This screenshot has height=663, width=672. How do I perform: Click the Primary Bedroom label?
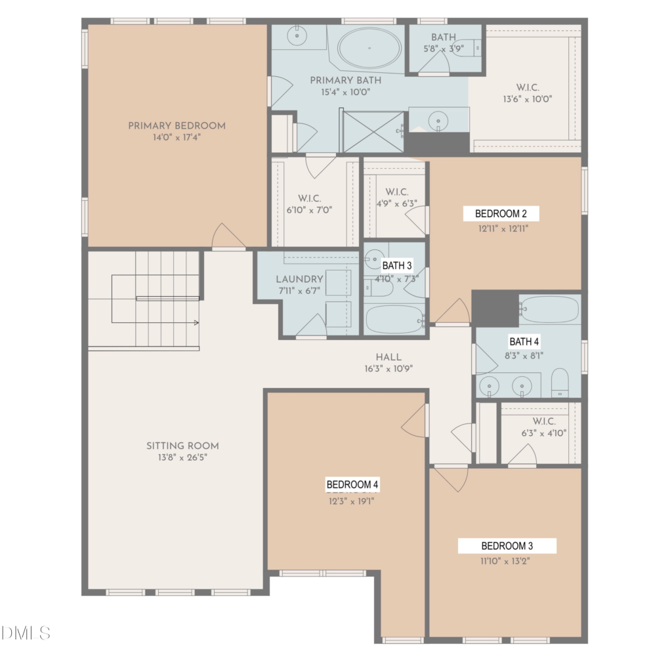pos(177,125)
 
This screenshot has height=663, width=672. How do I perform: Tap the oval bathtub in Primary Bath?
pos(369,48)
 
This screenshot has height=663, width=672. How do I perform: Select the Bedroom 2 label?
pos(501,213)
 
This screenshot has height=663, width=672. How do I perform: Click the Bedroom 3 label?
pos(507,545)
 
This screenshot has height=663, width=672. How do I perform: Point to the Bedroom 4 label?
pos(352,484)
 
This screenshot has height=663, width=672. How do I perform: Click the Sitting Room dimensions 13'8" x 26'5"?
pos(182,458)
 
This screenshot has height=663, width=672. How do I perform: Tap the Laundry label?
pos(299,279)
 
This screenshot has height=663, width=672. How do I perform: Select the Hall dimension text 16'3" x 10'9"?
pos(388,368)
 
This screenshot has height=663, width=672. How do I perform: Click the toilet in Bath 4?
pos(560,383)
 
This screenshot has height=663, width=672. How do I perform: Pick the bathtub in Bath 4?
pos(550,309)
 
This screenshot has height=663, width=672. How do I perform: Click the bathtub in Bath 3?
pos(395,320)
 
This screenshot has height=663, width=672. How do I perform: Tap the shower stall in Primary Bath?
pos(373,132)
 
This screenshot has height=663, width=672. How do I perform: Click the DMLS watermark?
pos(26,633)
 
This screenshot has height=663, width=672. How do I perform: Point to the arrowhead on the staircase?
pos(196,323)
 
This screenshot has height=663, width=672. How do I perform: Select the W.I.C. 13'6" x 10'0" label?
pos(528,93)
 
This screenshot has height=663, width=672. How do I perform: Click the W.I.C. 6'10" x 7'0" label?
pos(310,204)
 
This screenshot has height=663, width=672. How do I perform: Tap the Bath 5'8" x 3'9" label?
pos(444,43)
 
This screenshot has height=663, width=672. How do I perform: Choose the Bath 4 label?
pos(524,341)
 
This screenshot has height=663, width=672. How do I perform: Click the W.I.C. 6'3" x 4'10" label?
pos(544,427)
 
